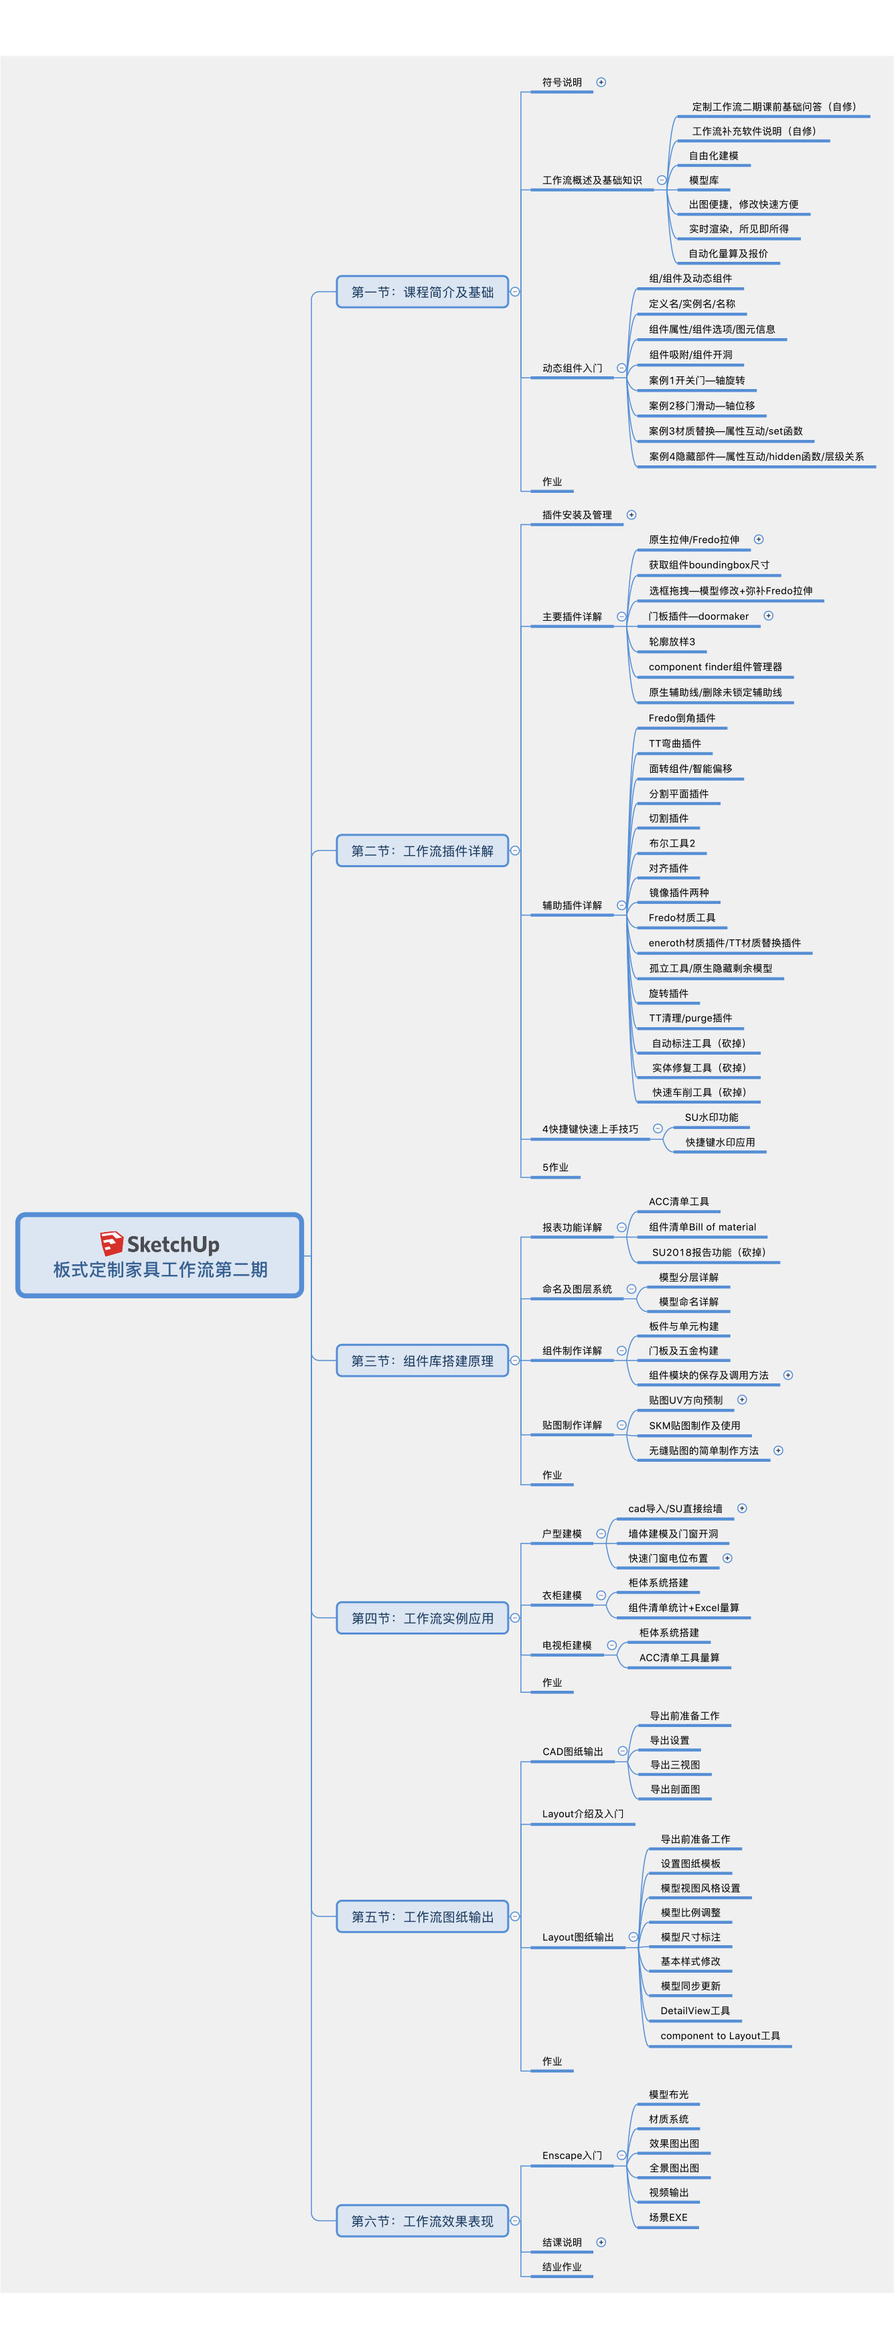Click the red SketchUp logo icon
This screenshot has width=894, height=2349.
(111, 1243)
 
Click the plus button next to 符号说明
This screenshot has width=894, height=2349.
(601, 82)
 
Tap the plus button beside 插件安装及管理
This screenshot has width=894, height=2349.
(631, 515)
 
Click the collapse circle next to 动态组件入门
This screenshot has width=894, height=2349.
(621, 368)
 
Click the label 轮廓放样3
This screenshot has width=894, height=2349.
(672, 642)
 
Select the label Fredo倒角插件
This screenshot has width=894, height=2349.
(682, 718)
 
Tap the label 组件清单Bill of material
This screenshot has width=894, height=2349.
(702, 1227)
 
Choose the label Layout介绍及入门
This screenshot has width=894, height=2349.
(582, 1814)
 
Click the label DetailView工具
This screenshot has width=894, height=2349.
(694, 2011)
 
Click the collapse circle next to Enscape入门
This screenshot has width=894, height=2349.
(621, 2155)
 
